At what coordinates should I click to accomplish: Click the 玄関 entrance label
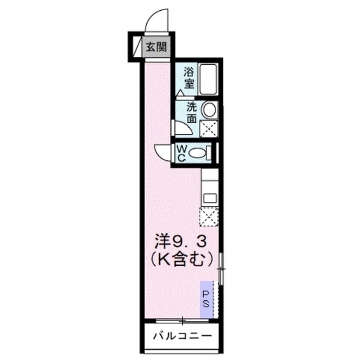pos(156,47)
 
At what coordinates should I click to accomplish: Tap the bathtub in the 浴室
pos(208,79)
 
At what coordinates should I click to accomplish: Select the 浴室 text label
pos(189,78)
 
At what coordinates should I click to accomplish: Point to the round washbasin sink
pos(209,110)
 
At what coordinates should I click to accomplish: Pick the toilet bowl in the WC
pos(197,152)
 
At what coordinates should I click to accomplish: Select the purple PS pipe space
pos(206,299)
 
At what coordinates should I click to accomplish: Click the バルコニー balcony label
pos(182,336)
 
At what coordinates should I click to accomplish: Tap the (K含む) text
pos(181,260)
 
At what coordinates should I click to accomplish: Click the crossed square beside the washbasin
pos(209,129)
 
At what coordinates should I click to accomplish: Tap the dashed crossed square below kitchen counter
pos(209,217)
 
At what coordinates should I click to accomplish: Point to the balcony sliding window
pos(182,320)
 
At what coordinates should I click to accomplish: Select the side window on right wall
pos(220,269)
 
